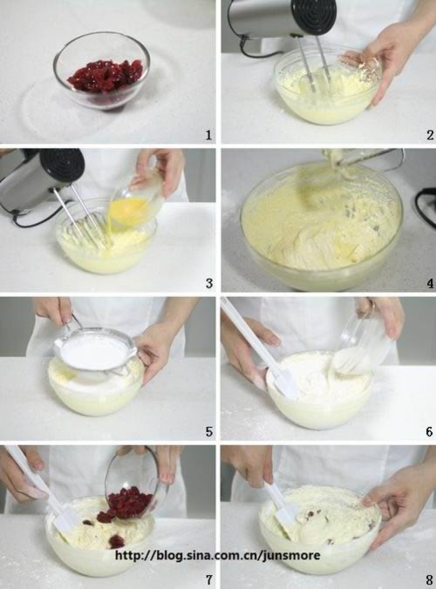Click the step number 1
(208, 135)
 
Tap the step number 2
(430, 135)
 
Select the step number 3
(209, 283)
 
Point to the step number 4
(430, 283)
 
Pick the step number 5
(209, 431)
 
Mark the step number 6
(430, 431)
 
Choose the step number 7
(209, 579)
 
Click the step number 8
(430, 579)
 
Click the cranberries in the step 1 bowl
(106, 77)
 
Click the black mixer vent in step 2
(315, 16)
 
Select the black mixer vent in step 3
(62, 166)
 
